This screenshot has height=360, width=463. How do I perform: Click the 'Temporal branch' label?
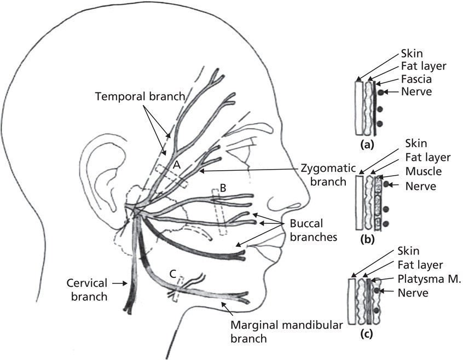click(x=140, y=96)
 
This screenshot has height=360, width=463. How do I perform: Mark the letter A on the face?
click(x=176, y=164)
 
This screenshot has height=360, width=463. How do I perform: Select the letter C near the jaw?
click(x=172, y=276)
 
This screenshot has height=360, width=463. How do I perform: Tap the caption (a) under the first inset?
click(x=367, y=146)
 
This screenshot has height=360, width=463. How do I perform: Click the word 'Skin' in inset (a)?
click(x=412, y=54)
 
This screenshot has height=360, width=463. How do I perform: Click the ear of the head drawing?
click(x=102, y=181)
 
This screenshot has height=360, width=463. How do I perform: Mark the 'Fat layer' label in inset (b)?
click(x=427, y=158)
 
